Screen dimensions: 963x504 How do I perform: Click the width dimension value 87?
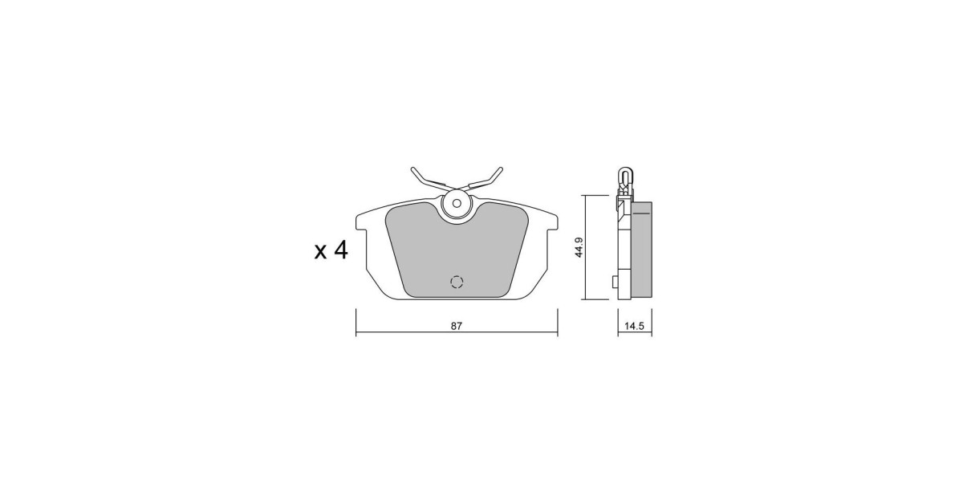coord(456,327)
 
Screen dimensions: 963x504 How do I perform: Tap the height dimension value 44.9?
coord(579,247)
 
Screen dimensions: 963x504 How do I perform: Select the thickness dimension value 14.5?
coord(634,327)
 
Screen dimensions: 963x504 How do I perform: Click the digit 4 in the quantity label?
coord(341,250)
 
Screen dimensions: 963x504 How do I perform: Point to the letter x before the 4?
coord(321,252)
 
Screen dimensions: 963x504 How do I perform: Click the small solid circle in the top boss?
coord(457,203)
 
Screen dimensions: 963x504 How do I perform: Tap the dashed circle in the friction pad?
coord(457,282)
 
